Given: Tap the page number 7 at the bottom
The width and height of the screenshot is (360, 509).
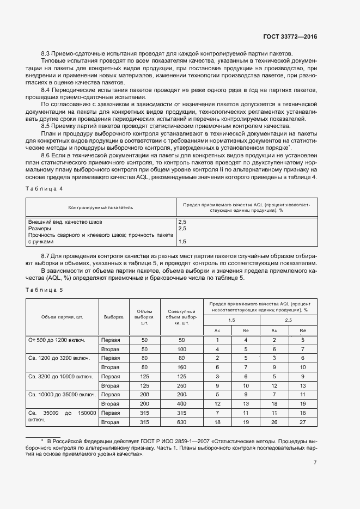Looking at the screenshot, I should pyautogui.click(x=315, y=463).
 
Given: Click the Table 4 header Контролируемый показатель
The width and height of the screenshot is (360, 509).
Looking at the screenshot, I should pyautogui.click(x=100, y=207).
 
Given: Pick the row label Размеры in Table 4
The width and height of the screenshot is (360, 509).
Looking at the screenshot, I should pyautogui.click(x=39, y=229).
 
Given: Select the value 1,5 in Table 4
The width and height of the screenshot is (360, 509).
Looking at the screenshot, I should pyautogui.click(x=182, y=241).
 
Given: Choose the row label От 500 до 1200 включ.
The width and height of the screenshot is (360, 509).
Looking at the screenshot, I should pyautogui.click(x=57, y=340).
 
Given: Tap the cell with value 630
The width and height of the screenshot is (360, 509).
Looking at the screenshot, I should pyautogui.click(x=181, y=422).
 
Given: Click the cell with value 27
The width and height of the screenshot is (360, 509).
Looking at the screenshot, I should pyautogui.click(x=302, y=422).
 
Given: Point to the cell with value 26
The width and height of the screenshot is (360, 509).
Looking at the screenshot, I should pyautogui.click(x=274, y=422).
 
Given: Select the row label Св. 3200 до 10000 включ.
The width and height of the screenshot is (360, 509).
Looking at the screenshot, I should pyautogui.click(x=60, y=376).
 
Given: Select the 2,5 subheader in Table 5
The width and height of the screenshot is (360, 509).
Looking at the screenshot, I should pyautogui.click(x=288, y=320).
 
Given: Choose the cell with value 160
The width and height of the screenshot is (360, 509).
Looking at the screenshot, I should pyautogui.click(x=181, y=367).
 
